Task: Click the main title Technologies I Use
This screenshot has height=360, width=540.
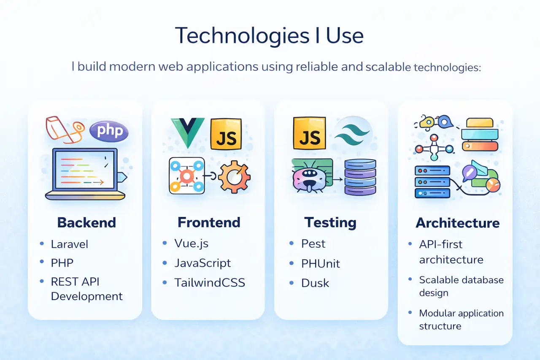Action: pyautogui.click(x=269, y=35)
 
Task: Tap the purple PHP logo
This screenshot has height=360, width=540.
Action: pyautogui.click(x=109, y=131)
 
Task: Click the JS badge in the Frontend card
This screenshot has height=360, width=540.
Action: pyautogui.click(x=226, y=134)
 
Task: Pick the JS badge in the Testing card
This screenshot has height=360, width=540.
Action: pyautogui.click(x=309, y=133)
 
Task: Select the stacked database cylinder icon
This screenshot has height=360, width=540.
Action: pyautogui.click(x=360, y=177)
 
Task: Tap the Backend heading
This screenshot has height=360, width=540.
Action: pyautogui.click(x=86, y=222)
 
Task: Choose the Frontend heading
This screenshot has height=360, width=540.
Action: pyautogui.click(x=209, y=222)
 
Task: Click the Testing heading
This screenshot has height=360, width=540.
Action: pyautogui.click(x=330, y=222)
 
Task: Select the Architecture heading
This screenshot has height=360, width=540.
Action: pyautogui.click(x=458, y=223)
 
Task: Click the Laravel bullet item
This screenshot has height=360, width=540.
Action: pyautogui.click(x=69, y=244)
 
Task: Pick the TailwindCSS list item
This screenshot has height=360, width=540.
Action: pyautogui.click(x=210, y=282)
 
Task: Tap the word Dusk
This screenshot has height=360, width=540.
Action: pyautogui.click(x=315, y=283)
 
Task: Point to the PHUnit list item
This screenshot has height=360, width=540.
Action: pyautogui.click(x=320, y=263)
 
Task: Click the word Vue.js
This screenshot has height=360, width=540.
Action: pyautogui.click(x=191, y=244)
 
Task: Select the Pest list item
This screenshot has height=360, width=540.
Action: pyautogui.click(x=313, y=244)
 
